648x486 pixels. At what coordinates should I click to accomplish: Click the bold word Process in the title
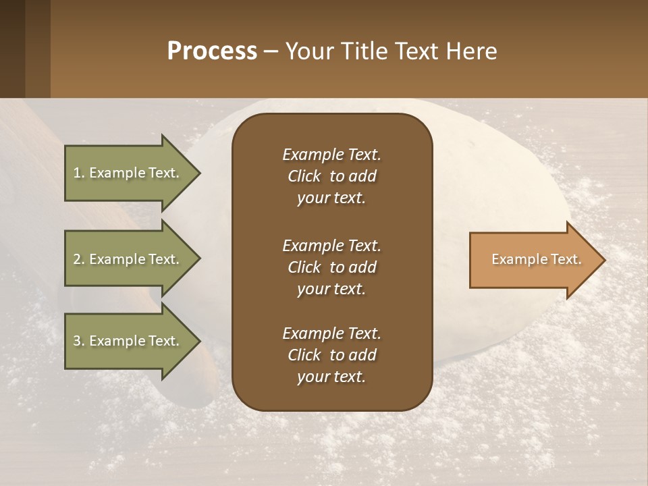point(212,51)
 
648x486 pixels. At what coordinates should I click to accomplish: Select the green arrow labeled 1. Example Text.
point(128,173)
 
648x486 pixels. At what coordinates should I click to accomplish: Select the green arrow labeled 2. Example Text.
point(128,259)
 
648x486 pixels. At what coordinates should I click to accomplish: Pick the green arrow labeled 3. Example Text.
point(128,341)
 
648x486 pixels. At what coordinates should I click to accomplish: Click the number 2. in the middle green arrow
point(78,259)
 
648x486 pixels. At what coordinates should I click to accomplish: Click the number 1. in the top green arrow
point(78,173)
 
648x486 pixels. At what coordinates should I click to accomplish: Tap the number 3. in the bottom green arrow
point(78,341)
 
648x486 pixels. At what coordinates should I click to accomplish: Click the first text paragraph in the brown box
point(331,176)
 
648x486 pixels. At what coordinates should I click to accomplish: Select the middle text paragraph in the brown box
point(331,267)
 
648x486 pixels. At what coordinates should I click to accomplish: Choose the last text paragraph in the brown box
point(331,355)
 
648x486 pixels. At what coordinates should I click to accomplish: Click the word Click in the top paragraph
point(304,176)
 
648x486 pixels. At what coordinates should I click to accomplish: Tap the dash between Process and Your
point(271,51)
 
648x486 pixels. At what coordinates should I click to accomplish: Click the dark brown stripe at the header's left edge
point(12,49)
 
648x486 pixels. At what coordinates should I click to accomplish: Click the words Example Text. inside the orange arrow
point(536,259)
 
